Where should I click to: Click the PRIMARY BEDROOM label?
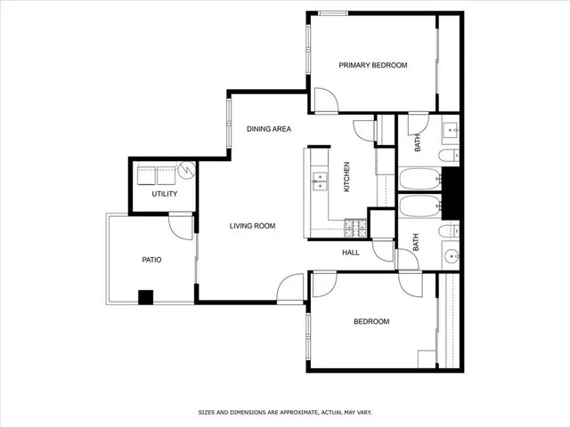[373, 65]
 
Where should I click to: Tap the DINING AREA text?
[269, 130]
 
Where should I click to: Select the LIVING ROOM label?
[252, 226]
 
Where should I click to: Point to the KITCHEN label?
[346, 176]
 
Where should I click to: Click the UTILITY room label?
[164, 194]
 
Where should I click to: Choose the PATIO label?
[152, 260]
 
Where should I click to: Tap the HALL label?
[351, 252]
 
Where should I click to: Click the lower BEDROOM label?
[371, 321]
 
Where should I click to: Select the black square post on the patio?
[145, 298]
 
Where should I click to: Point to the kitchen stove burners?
[354, 227]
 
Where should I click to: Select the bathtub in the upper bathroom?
[419, 180]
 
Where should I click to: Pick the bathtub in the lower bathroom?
[419, 208]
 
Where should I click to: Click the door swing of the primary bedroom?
[323, 100]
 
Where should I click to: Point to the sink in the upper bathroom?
[451, 131]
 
